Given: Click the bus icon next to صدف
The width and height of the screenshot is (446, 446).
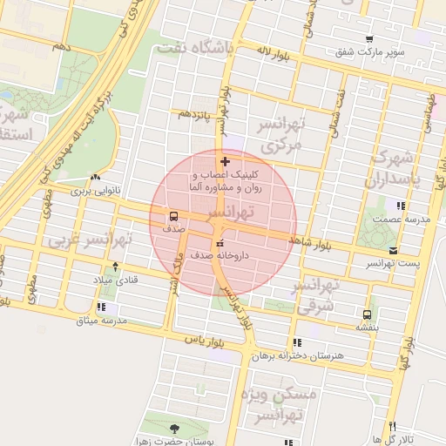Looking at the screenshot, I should click(172, 215).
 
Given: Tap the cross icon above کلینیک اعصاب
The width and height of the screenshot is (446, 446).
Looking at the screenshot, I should click(226, 161).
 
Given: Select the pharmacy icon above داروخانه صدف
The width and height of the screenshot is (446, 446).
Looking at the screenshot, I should click(219, 242).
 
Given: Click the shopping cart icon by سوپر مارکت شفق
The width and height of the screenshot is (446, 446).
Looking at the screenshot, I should click(370, 39).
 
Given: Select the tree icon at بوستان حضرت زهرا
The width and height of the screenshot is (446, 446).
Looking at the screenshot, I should click(173, 428).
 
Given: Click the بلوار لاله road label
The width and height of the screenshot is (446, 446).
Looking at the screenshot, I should click(271, 52).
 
